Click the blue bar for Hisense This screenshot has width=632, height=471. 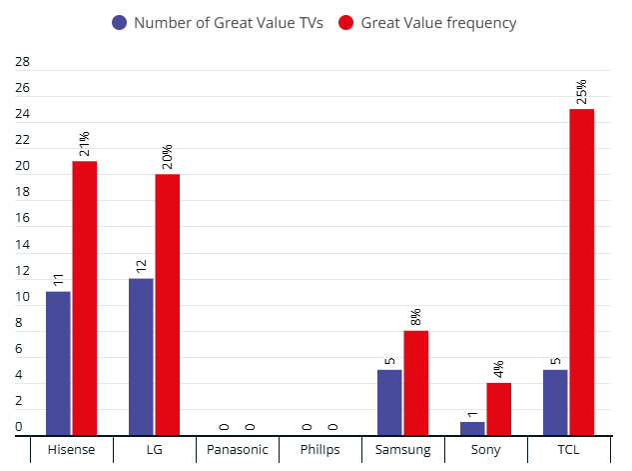point(58,363)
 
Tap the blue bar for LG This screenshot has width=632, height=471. point(141,356)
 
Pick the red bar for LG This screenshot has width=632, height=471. point(167,304)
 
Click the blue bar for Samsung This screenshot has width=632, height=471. point(389,402)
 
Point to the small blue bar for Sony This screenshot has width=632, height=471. point(472,428)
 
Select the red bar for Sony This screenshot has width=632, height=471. point(498,409)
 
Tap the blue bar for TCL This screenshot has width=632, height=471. point(555,402)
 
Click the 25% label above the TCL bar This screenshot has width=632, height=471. point(580,91)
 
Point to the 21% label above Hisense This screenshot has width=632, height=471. point(84,143)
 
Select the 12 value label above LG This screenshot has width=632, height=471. point(141,265)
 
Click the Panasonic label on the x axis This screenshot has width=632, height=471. point(238,450)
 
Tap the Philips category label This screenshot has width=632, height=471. point(320,450)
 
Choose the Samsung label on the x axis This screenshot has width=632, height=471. point(402,450)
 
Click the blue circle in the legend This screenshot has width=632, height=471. point(120,22)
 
